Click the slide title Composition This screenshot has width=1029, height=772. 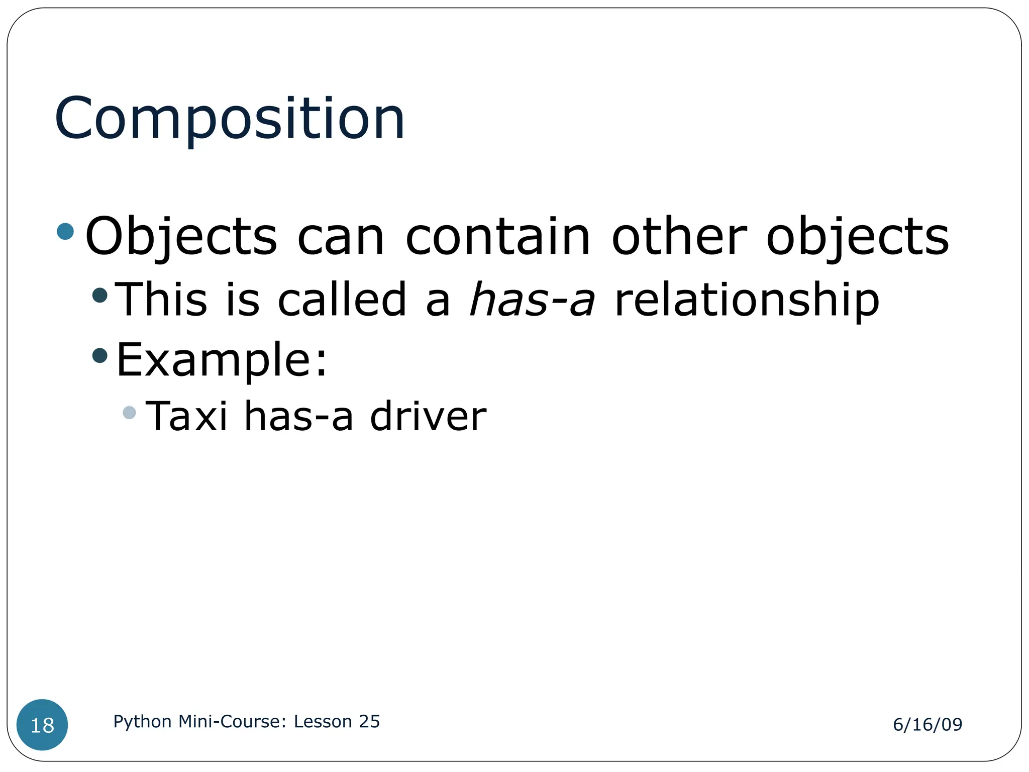pos(230,119)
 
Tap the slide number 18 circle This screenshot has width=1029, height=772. pos(42,725)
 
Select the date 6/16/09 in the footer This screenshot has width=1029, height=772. pos(928,724)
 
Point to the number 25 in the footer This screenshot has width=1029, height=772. pos(369,721)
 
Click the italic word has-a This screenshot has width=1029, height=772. pos(532,300)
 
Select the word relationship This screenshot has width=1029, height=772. pos(747,301)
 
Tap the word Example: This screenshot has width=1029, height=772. pos(222,360)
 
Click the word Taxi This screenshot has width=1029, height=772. pos(186,416)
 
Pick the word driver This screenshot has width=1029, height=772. pos(428,416)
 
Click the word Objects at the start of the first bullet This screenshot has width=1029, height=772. pos(181,236)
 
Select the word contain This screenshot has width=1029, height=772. pos(497,236)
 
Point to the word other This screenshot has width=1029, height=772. pos(679,236)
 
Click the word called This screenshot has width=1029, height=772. pos(342,300)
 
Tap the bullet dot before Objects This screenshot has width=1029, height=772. pos(65,232)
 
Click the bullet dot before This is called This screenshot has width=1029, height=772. pos(100,295)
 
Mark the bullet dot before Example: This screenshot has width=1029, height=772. pos(100,356)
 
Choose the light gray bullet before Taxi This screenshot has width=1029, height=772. pos(129,413)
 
